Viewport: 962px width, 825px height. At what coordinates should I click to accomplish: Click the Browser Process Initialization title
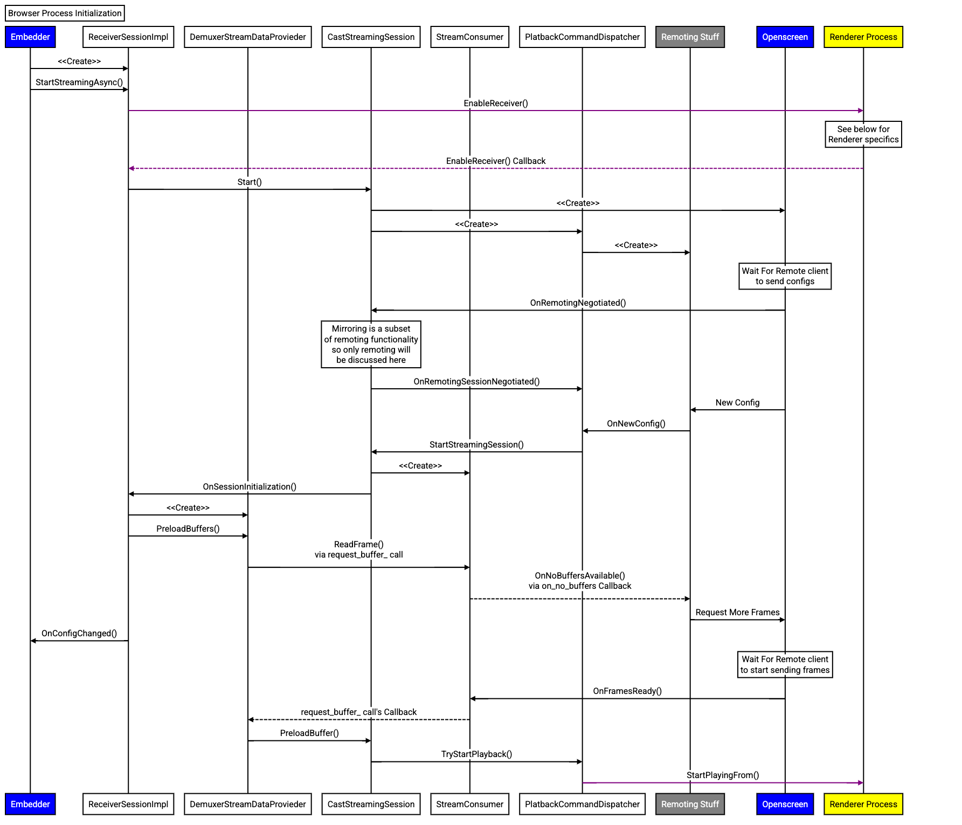pos(65,13)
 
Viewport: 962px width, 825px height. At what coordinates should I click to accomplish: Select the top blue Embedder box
pos(30,37)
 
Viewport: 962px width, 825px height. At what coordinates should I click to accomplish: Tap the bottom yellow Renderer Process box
pos(863,804)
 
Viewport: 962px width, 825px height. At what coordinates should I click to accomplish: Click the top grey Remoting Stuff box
pos(690,37)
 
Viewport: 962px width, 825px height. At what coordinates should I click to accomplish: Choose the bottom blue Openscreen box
pos(785,804)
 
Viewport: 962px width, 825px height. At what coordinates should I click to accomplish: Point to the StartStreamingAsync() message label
pos(79,82)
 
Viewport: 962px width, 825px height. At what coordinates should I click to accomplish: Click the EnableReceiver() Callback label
pos(496,161)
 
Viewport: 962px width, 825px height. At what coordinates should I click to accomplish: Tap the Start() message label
pos(250,182)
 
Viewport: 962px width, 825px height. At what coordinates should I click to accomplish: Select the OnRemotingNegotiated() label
pos(578,303)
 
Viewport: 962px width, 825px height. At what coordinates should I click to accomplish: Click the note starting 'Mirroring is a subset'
pos(371,345)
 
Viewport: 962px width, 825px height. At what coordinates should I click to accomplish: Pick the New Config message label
pos(737,403)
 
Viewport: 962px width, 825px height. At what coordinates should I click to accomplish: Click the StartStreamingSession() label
pos(476,445)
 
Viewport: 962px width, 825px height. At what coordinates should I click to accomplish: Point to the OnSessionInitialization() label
pos(250,487)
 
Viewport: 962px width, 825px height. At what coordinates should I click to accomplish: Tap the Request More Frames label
pos(737,613)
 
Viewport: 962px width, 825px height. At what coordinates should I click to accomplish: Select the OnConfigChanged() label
pos(79,634)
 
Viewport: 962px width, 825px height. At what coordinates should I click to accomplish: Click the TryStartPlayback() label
pos(476,754)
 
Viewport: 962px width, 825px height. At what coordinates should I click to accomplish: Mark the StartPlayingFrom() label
pos(723,775)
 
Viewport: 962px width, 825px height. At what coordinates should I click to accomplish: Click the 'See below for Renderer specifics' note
pos(863,135)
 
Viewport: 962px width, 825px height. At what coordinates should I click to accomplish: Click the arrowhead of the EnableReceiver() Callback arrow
pos(131,169)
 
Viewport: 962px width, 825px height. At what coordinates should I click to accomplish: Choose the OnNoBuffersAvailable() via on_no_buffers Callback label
pos(579,581)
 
